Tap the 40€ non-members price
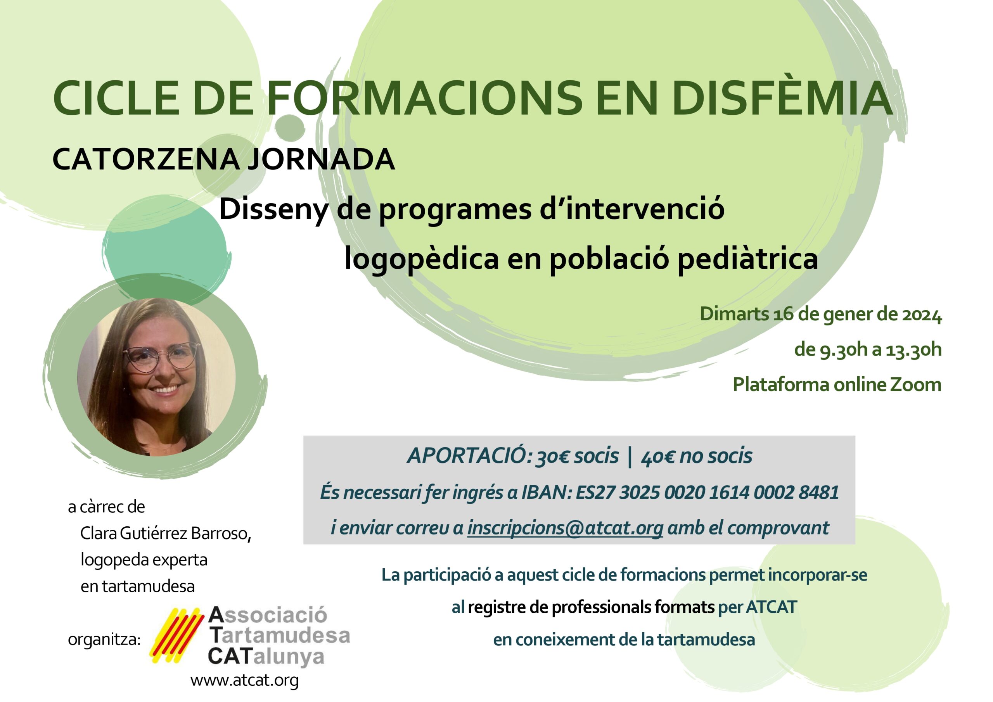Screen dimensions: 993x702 pos(657,457)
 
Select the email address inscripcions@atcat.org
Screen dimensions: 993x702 pos(565,528)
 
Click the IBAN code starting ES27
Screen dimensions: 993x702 pos(708,493)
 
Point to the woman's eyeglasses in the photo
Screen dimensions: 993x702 pos(161,356)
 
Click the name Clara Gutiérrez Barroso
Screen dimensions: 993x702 pos(166,534)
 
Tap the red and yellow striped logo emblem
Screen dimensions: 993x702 pos(176,635)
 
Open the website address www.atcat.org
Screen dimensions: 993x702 pos(244,680)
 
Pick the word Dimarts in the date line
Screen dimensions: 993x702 pos(734,315)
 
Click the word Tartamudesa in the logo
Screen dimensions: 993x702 pos(279,635)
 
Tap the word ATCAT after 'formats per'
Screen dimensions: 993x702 pos(771,607)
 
